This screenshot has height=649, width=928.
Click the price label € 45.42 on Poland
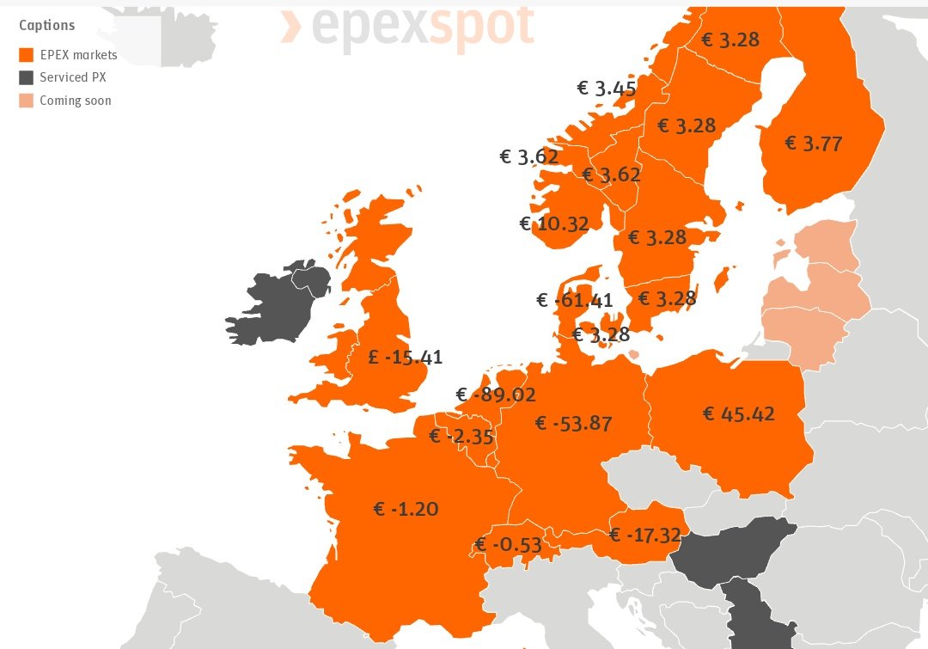[738, 414]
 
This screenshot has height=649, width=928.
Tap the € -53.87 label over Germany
[573, 423]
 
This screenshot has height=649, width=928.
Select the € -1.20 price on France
[406, 509]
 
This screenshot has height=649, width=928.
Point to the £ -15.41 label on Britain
[405, 357]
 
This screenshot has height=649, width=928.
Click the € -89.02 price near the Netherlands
[496, 395]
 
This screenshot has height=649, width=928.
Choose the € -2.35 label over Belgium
[461, 437]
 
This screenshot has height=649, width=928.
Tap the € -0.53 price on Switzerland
[509, 545]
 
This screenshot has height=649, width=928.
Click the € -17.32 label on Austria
[644, 536]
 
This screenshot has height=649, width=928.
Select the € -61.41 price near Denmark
[574, 300]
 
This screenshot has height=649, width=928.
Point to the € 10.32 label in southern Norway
[554, 224]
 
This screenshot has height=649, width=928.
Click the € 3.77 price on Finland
[813, 144]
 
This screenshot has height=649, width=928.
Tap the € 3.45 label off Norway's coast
[606, 88]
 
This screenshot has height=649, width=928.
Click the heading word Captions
[46, 26]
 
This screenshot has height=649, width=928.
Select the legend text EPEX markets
[78, 55]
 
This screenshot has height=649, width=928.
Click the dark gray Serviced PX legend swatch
[27, 77]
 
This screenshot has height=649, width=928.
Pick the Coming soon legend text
[75, 101]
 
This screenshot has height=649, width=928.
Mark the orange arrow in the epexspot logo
[291, 27]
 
